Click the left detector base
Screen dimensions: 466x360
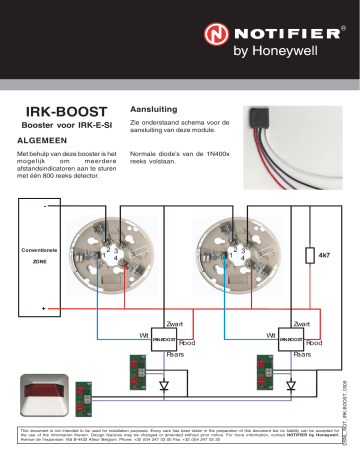tap(108, 255)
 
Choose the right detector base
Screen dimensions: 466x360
tap(236, 255)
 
